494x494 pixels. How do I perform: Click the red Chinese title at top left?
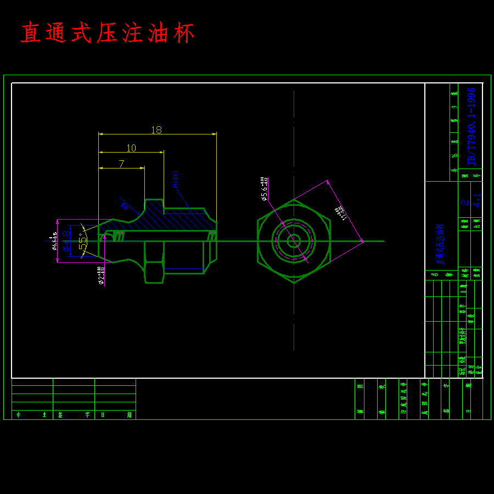pos(108,33)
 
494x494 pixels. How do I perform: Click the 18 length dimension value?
pos(156,130)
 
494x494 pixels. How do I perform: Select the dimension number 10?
pos(131,148)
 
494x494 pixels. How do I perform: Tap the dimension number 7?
pos(121,164)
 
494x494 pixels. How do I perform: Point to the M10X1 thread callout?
pos(176,179)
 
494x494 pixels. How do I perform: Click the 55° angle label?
pos(83,240)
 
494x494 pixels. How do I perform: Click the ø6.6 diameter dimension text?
pos(54,240)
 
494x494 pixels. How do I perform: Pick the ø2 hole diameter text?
pos(101,276)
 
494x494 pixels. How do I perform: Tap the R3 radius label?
pos(124,206)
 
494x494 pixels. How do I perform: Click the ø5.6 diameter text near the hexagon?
pos(264,189)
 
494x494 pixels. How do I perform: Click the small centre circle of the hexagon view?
pos(294,241)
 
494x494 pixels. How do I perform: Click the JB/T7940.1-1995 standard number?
pos(471,126)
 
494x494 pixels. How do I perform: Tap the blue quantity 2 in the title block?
pos(465,202)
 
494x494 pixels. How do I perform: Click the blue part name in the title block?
pos(440,244)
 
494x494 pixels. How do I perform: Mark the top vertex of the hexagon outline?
pos(294,200)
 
